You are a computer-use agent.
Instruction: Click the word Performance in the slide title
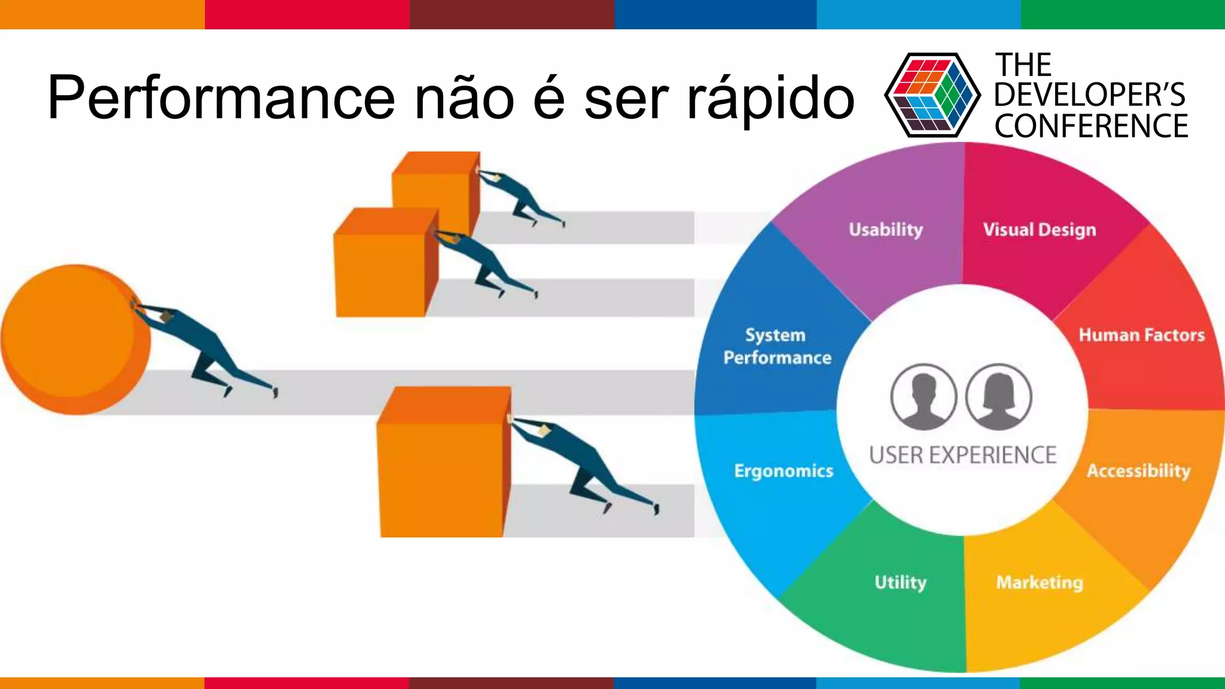pos(221,97)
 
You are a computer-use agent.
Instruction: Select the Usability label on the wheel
pos(885,230)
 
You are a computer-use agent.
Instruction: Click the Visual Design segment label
pos(1040,230)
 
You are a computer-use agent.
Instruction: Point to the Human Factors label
pos(1141,335)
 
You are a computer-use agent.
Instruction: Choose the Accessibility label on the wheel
pos(1138,471)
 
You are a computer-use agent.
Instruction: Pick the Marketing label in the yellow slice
pos(1040,583)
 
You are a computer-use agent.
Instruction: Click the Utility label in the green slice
pos(900,583)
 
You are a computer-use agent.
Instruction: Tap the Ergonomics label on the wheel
pos(784,471)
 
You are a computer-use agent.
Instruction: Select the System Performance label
pos(777,346)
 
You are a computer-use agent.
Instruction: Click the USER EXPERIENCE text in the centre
pos(962,456)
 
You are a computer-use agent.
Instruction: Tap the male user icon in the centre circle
pos(924,397)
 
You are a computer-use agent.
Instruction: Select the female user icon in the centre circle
pos(999,397)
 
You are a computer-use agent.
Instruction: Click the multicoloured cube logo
pos(932,96)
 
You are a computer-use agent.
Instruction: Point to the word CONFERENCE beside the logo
pos(1091,126)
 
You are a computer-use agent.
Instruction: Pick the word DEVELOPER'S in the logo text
pos(1089,95)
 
